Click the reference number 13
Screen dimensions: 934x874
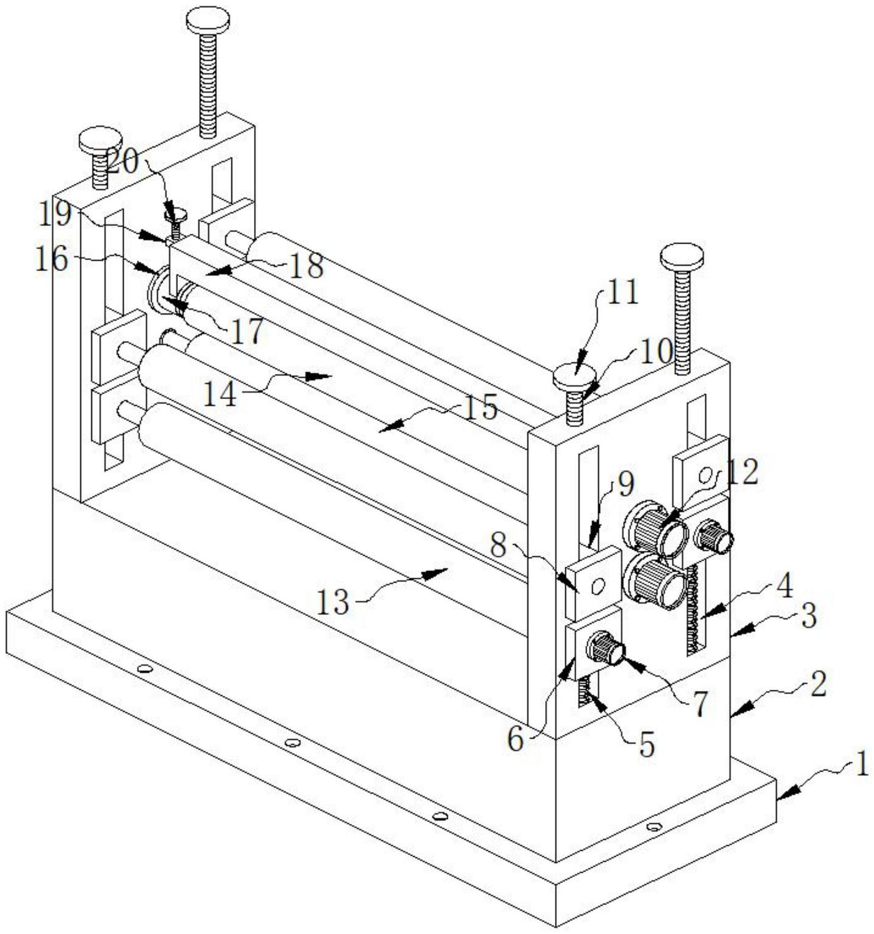pyautogui.click(x=333, y=602)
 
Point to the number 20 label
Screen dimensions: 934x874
pyautogui.click(x=123, y=163)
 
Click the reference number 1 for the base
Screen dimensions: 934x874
pyautogui.click(x=861, y=764)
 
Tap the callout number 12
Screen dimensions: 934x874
pyautogui.click(x=743, y=471)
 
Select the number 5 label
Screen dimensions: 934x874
pyautogui.click(x=647, y=746)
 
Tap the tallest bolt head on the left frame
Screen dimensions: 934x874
pyautogui.click(x=207, y=20)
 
